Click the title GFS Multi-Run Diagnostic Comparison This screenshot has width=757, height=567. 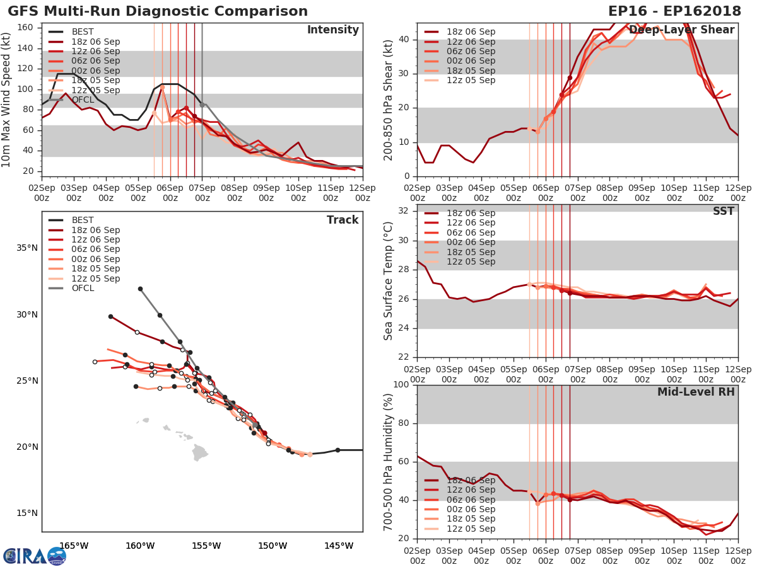coord(158,11)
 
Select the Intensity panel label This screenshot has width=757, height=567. coord(332,30)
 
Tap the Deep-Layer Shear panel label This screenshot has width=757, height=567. coord(682,30)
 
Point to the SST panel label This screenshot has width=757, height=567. coord(724,211)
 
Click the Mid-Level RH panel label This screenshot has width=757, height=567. coord(696,392)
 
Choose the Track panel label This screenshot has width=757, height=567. coord(343,220)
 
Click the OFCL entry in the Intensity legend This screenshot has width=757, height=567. coord(83,100)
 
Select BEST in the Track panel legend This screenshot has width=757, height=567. coord(83,220)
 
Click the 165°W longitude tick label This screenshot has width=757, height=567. coord(74,546)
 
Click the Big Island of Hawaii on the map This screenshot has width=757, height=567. coord(200,452)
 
